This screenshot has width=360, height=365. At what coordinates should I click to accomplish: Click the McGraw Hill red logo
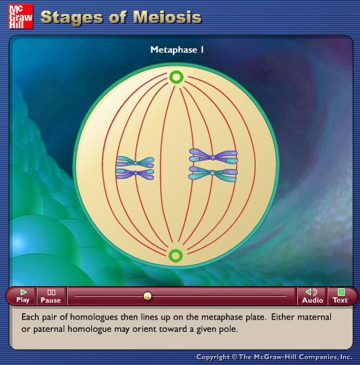point(21,17)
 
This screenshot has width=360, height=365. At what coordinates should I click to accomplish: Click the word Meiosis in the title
point(167,17)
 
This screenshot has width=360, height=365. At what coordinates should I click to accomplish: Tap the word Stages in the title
point(72,18)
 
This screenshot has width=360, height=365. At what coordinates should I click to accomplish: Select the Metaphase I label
point(177,50)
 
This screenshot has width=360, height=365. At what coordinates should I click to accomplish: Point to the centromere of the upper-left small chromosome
point(135,163)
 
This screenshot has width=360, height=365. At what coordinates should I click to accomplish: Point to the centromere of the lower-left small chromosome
point(135,173)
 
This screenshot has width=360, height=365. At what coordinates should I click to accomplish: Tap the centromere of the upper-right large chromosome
point(213,158)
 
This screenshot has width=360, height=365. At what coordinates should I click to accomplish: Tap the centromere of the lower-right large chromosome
point(212,173)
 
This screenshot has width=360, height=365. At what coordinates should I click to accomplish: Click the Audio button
point(312,296)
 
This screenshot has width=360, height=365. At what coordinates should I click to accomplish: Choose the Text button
point(340,296)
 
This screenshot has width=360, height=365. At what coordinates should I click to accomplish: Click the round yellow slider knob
point(148,296)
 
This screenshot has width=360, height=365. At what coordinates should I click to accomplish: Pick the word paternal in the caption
point(49,329)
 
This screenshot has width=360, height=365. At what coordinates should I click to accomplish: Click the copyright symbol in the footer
point(234,357)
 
